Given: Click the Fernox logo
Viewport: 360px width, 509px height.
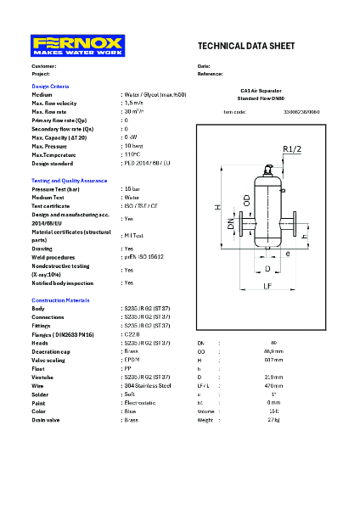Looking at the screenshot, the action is point(77,46).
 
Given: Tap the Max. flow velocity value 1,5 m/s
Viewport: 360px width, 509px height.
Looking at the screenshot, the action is point(133,103).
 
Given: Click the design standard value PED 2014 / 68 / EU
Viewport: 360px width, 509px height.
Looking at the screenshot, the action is point(147,163).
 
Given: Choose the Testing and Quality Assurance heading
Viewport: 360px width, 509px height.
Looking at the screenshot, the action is point(70,181).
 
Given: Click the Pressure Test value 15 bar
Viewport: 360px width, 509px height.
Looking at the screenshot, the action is point(132,189).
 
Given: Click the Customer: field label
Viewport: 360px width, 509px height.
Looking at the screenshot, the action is point(44,65).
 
